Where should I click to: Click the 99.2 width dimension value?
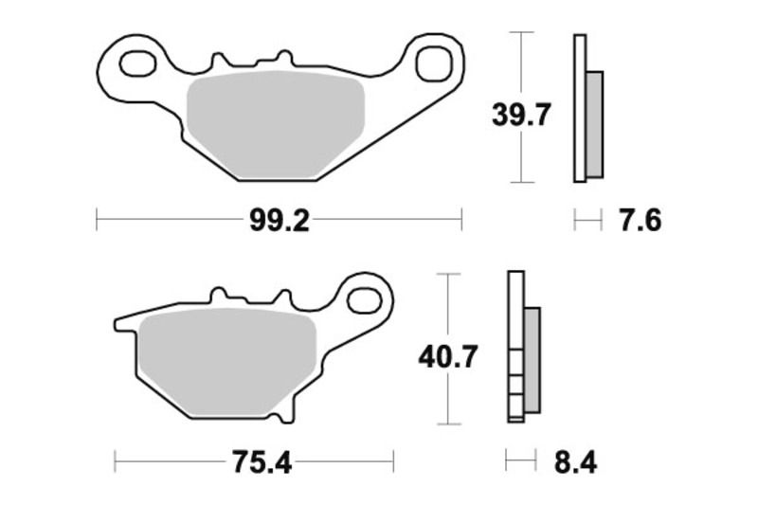(x=280, y=222)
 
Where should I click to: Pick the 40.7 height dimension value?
(x=448, y=356)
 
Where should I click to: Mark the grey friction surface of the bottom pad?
(x=227, y=365)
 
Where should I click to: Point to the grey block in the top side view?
(x=594, y=123)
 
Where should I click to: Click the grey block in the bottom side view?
(x=531, y=361)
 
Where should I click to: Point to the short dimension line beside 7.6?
(x=588, y=222)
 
